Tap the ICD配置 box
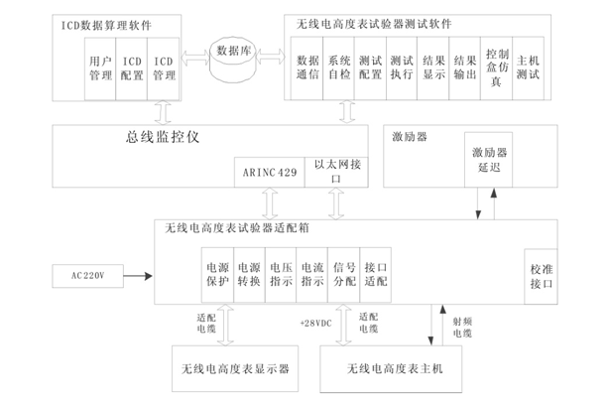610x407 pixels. (x=130, y=68)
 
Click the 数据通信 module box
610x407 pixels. (x=306, y=67)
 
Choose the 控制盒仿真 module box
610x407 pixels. (x=497, y=67)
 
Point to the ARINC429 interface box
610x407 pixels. (x=269, y=172)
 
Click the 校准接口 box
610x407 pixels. (x=541, y=274)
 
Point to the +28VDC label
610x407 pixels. (x=314, y=323)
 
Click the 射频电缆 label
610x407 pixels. (x=463, y=327)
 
